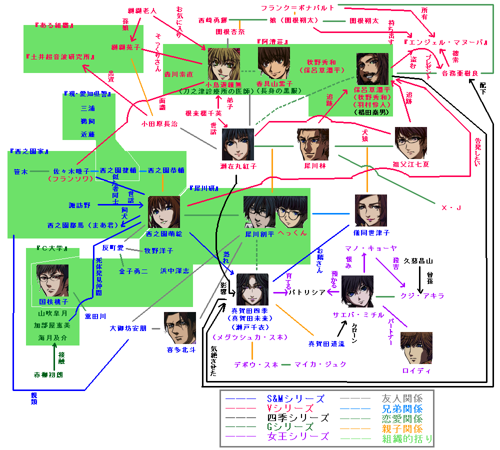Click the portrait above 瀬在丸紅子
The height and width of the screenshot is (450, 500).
(238, 144)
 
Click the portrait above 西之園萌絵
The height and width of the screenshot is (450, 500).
(164, 212)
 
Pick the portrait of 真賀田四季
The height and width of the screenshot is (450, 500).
(252, 289)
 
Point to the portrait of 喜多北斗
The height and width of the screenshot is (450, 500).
(180, 328)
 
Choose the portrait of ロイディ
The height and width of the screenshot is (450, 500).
(416, 348)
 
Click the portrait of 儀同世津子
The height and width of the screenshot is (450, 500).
(370, 210)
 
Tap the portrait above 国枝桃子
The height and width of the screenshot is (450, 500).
(52, 280)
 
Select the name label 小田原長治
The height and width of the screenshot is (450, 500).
(159, 123)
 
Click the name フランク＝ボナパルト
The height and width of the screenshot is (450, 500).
(297, 8)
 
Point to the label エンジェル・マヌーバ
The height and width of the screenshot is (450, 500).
(445, 42)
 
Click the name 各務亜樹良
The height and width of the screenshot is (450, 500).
(460, 73)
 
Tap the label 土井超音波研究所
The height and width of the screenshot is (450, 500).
(59, 57)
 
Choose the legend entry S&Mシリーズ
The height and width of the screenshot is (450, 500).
(295, 399)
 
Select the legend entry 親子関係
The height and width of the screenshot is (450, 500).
(402, 428)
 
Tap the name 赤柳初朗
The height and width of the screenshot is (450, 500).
(49, 374)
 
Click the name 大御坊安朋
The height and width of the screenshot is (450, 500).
(128, 328)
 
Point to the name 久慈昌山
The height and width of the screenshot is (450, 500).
(418, 261)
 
